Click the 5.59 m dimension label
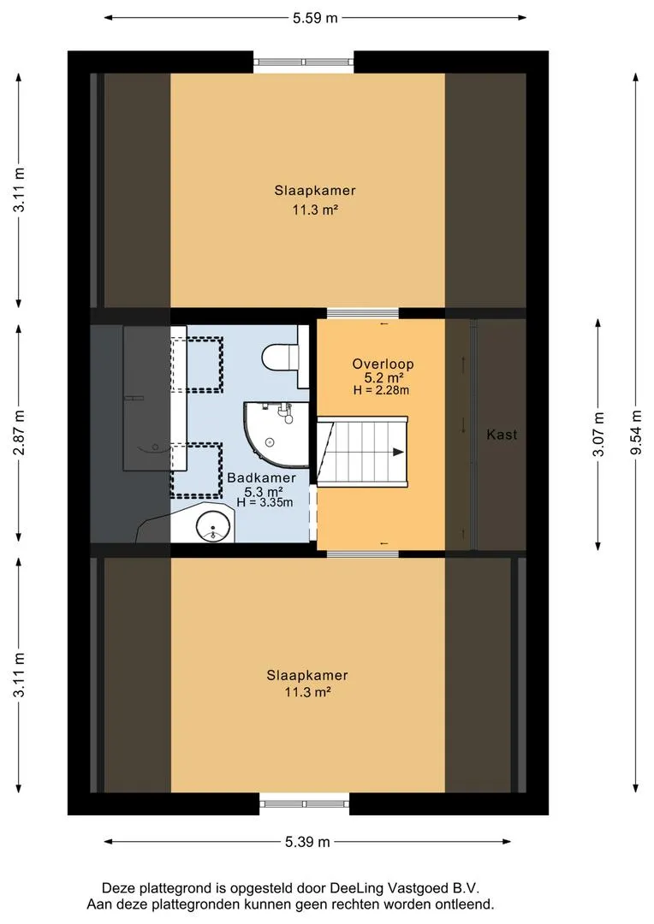315,18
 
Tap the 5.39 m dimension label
307,842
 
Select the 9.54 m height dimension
636,432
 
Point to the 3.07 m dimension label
598,435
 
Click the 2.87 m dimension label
20,433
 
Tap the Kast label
502,435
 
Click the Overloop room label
383,364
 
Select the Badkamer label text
261,478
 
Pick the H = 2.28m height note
381,390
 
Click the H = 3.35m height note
265,503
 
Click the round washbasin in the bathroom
212,524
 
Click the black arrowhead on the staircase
398,452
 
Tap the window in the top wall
304,62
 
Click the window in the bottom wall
304,803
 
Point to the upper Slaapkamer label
315,190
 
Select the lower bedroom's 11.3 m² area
307,692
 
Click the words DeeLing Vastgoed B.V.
405,889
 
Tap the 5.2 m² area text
383,378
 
